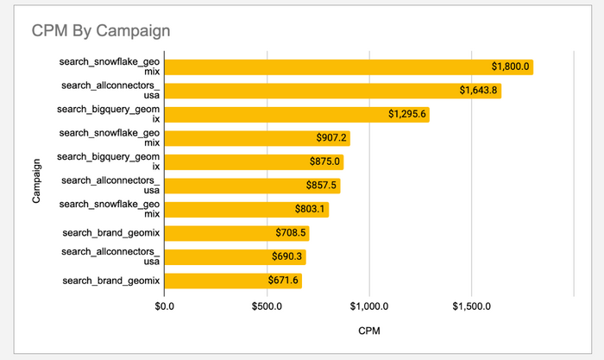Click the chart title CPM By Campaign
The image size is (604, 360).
(101, 31)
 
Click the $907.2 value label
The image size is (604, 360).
(331, 138)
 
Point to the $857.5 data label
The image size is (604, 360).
(322, 186)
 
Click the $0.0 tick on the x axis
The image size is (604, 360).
(164, 306)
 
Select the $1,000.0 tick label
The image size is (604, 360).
(368, 306)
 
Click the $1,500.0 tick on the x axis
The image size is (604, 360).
(471, 306)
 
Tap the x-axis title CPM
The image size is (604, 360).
(368, 331)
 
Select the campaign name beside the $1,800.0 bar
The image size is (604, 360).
(109, 67)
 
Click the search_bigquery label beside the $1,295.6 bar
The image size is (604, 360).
(109, 115)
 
